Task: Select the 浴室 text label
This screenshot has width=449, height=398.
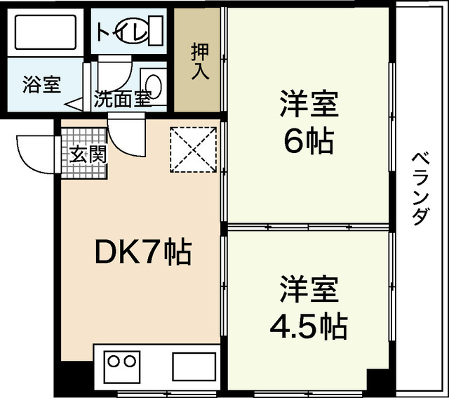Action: click(x=41, y=86)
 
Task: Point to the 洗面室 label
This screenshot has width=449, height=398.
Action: click(x=123, y=99)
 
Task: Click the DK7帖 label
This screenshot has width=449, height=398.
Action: click(x=142, y=252)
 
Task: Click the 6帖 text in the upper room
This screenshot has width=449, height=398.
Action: click(x=307, y=142)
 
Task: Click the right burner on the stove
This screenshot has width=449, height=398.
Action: click(x=129, y=362)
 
